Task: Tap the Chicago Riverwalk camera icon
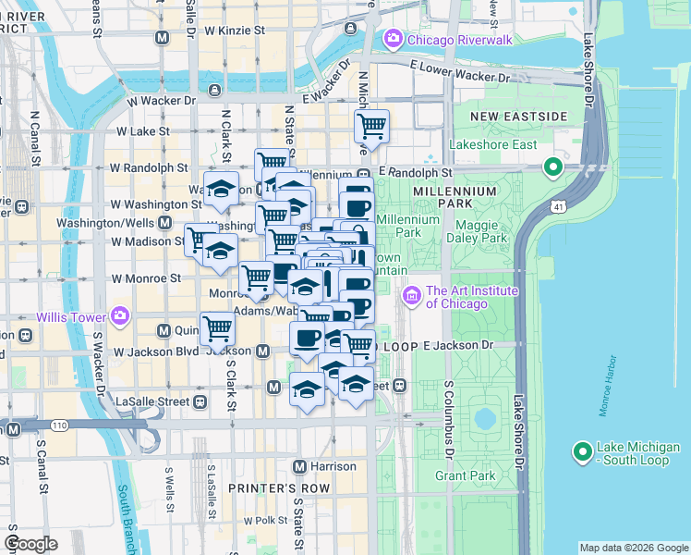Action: [394, 38]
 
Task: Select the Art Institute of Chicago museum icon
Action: [412, 295]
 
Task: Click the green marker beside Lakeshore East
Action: [553, 167]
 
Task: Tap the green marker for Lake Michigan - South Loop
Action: [582, 452]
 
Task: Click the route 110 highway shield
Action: [57, 425]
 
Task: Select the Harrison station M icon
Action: [299, 466]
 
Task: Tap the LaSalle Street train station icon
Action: [199, 401]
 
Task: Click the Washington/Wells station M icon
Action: [164, 223]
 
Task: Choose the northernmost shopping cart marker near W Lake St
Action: [371, 126]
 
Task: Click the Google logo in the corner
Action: [31, 544]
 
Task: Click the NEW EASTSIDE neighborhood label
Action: [518, 117]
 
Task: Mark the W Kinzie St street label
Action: [235, 31]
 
